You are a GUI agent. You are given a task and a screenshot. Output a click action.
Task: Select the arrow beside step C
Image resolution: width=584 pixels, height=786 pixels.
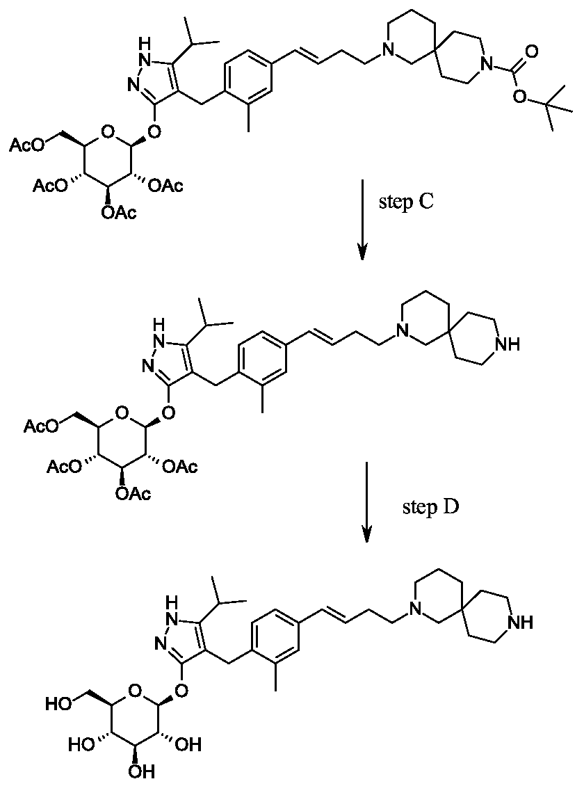point(362,221)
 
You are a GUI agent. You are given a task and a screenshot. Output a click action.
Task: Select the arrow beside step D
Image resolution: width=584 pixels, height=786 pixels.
point(368,502)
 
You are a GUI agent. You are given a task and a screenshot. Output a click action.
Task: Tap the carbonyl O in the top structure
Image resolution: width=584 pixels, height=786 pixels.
point(533,51)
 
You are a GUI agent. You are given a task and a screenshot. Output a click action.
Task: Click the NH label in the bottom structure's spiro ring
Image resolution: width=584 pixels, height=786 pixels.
point(520,623)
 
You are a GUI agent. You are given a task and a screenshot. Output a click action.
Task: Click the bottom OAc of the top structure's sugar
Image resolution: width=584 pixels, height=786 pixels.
point(119,214)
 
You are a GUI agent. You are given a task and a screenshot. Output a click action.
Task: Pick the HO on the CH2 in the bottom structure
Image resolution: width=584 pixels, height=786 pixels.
point(58,704)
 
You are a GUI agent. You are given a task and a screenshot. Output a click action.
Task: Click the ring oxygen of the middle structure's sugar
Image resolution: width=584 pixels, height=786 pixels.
point(120,412)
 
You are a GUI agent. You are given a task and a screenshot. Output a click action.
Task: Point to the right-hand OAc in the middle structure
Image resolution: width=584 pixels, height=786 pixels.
point(180,467)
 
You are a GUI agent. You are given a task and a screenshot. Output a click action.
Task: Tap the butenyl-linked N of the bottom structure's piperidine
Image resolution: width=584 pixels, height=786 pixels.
point(413,609)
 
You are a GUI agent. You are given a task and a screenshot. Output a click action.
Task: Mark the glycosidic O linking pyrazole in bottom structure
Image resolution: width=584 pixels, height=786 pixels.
point(183,691)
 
